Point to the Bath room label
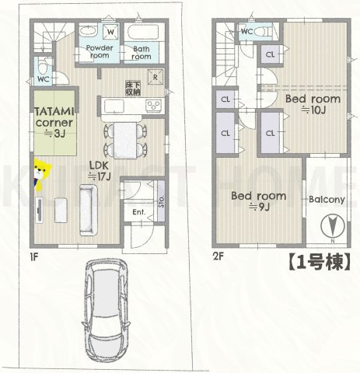point(141,52)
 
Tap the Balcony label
point(327,200)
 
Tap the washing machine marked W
point(110,32)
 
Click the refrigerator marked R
point(156,76)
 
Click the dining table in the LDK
point(125,139)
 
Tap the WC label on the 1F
point(44,78)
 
